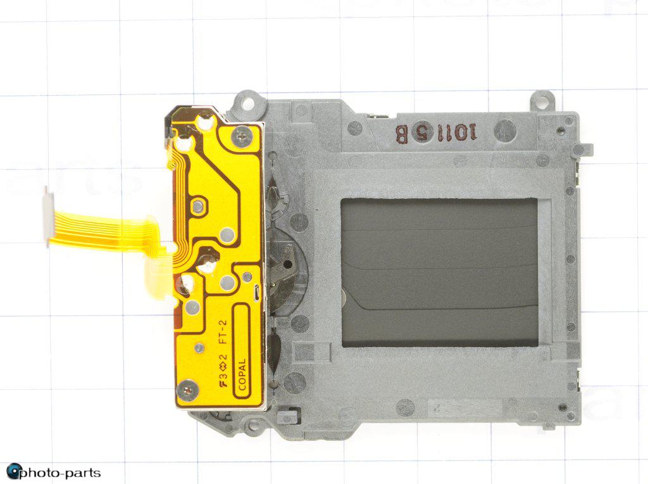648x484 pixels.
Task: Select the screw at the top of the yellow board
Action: pyautogui.click(x=241, y=134)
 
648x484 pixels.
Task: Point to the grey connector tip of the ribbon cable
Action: pyautogui.click(x=47, y=215)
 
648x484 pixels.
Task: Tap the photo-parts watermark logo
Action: pyautogui.click(x=53, y=472)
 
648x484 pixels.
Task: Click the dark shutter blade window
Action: pyautogui.click(x=439, y=272)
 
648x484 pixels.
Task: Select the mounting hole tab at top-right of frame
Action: pyautogui.click(x=542, y=100)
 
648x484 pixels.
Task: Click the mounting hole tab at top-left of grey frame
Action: pyautogui.click(x=247, y=101)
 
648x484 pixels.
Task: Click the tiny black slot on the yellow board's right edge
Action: pyautogui.click(x=255, y=292)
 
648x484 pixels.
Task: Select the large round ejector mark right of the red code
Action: pyautogui.click(x=504, y=131)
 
